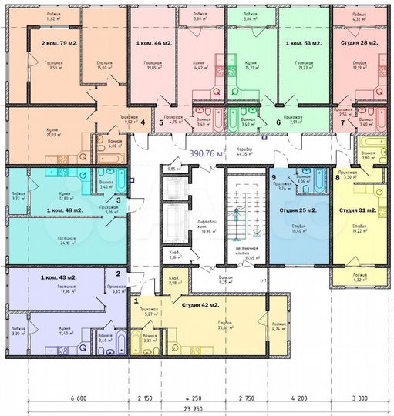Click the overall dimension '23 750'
[203, 409]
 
